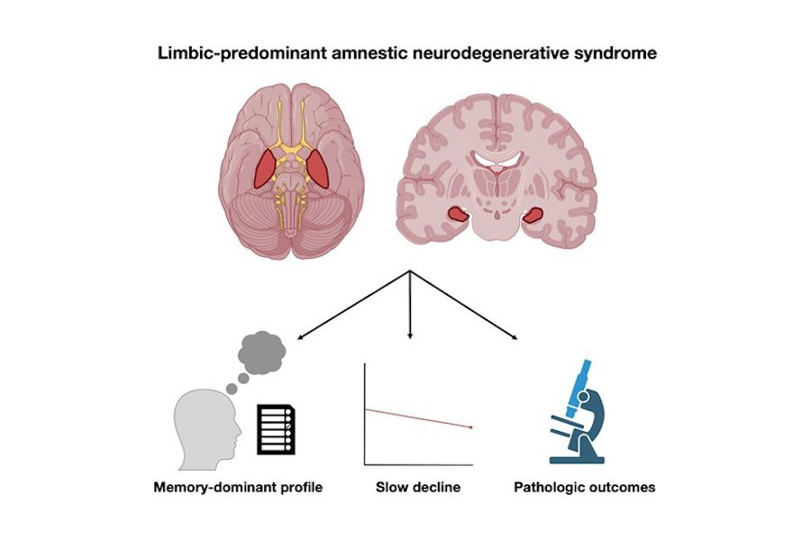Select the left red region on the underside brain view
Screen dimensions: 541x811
click(265, 170)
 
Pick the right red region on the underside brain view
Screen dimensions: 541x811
click(319, 170)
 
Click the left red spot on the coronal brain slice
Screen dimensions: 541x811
click(460, 215)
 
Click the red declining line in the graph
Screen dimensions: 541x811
click(418, 417)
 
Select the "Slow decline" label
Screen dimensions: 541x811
click(418, 488)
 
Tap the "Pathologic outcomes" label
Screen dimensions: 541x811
click(584, 488)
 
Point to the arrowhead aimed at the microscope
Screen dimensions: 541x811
click(515, 338)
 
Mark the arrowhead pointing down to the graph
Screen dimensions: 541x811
click(410, 335)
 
